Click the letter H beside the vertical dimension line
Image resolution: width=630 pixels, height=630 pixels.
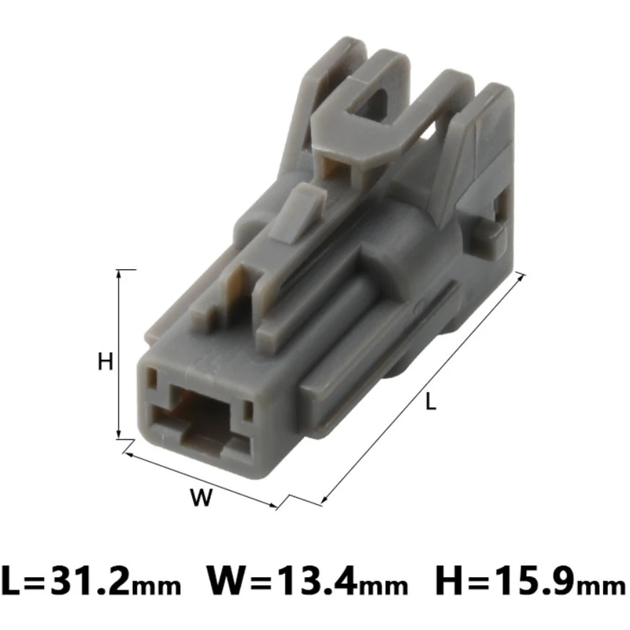click(106, 361)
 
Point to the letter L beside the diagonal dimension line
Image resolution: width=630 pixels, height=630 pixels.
click(429, 402)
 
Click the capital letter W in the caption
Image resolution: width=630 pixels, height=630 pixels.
click(224, 583)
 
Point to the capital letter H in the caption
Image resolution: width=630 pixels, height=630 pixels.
click(448, 583)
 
